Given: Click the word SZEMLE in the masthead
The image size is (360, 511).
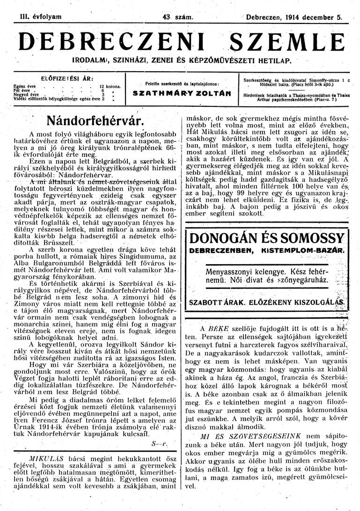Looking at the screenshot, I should click(285, 44).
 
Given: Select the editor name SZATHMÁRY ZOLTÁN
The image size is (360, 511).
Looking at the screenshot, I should click(182, 93).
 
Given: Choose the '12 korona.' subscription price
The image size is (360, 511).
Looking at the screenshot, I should click(110, 87).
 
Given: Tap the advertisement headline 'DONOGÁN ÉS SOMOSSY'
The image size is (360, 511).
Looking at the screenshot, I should click(267, 238).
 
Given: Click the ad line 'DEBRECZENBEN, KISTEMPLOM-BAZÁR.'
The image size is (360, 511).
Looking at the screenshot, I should click(267, 251).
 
